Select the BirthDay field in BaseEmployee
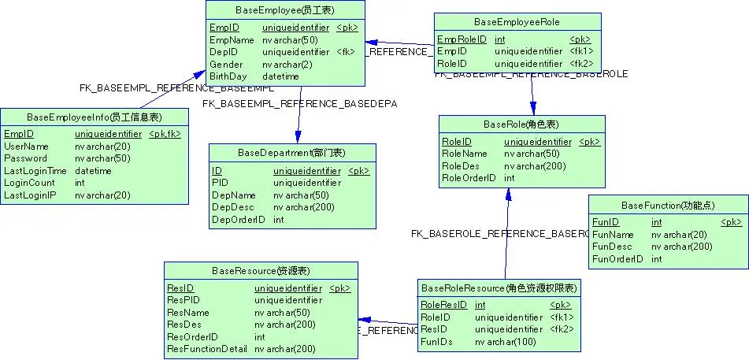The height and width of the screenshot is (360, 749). point(228,76)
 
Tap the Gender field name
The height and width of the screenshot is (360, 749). point(226,65)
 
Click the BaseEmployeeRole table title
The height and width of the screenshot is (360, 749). point(517,21)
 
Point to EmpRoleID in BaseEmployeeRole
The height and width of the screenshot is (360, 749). point(460,39)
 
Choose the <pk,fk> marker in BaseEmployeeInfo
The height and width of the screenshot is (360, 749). point(165,135)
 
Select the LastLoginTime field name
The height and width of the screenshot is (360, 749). point(35,171)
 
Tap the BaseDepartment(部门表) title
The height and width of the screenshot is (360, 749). point(291,152)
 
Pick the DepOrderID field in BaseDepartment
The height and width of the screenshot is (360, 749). point(238,220)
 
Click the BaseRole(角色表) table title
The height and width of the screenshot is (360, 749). point(521,125)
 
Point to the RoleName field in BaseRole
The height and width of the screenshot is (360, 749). point(465,154)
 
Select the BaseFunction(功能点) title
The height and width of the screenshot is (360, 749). point(668,205)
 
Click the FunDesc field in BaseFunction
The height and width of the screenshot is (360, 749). point(611,247)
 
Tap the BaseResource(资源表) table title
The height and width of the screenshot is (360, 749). point(260,271)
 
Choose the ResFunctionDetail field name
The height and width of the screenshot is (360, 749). point(207,349)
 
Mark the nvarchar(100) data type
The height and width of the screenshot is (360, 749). point(505,342)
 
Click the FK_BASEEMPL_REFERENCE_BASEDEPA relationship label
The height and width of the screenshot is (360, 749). point(299,103)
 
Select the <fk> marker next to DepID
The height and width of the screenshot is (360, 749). point(345,52)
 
